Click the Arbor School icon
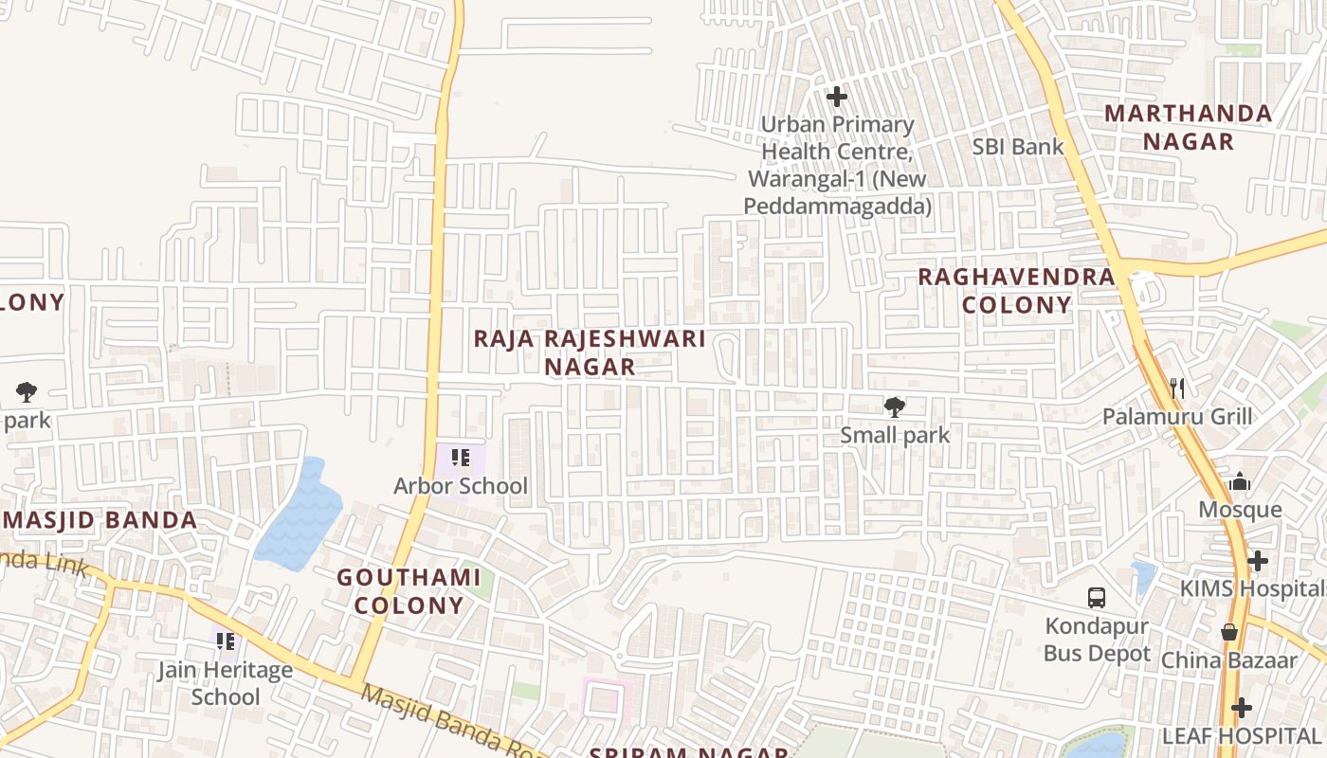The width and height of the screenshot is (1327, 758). point(461,459)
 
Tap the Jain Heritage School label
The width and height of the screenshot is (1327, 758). point(225,683)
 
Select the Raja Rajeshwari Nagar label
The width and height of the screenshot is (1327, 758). point(590,352)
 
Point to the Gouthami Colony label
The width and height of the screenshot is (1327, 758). point(409,591)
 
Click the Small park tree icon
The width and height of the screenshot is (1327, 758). point(894,407)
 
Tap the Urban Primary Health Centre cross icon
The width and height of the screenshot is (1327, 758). point(836,96)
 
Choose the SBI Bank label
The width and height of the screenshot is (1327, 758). point(1018,147)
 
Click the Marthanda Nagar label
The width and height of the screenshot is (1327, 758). point(1188,127)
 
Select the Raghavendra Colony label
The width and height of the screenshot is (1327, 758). point(1016,290)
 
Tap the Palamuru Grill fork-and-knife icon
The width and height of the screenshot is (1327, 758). point(1177,388)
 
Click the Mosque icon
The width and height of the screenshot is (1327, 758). point(1240,482)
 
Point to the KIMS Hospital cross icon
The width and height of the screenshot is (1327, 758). point(1258,561)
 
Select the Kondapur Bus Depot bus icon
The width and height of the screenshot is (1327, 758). point(1097,598)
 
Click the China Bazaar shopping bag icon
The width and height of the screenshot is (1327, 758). point(1229,632)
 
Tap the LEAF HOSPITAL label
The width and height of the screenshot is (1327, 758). point(1242,735)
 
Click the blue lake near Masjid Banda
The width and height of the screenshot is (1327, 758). point(299,517)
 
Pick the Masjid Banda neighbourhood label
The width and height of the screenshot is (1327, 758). point(100,519)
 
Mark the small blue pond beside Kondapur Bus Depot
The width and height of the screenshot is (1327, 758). point(1143,574)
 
